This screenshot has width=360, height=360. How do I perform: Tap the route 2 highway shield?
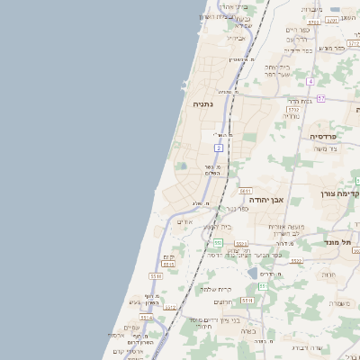(218, 148)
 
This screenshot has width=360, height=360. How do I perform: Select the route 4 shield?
(310, 82)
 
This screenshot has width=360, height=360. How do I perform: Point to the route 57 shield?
(320, 97)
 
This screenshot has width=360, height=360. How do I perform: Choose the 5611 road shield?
(245, 190)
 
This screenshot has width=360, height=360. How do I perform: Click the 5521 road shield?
(241, 243)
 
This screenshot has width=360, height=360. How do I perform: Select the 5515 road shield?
(168, 264)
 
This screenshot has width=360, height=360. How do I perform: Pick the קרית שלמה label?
(217, 289)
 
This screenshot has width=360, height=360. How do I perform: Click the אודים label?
(184, 221)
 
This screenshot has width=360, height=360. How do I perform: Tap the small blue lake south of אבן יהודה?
(253, 273)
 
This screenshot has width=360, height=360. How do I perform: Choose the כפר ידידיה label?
(299, 50)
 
